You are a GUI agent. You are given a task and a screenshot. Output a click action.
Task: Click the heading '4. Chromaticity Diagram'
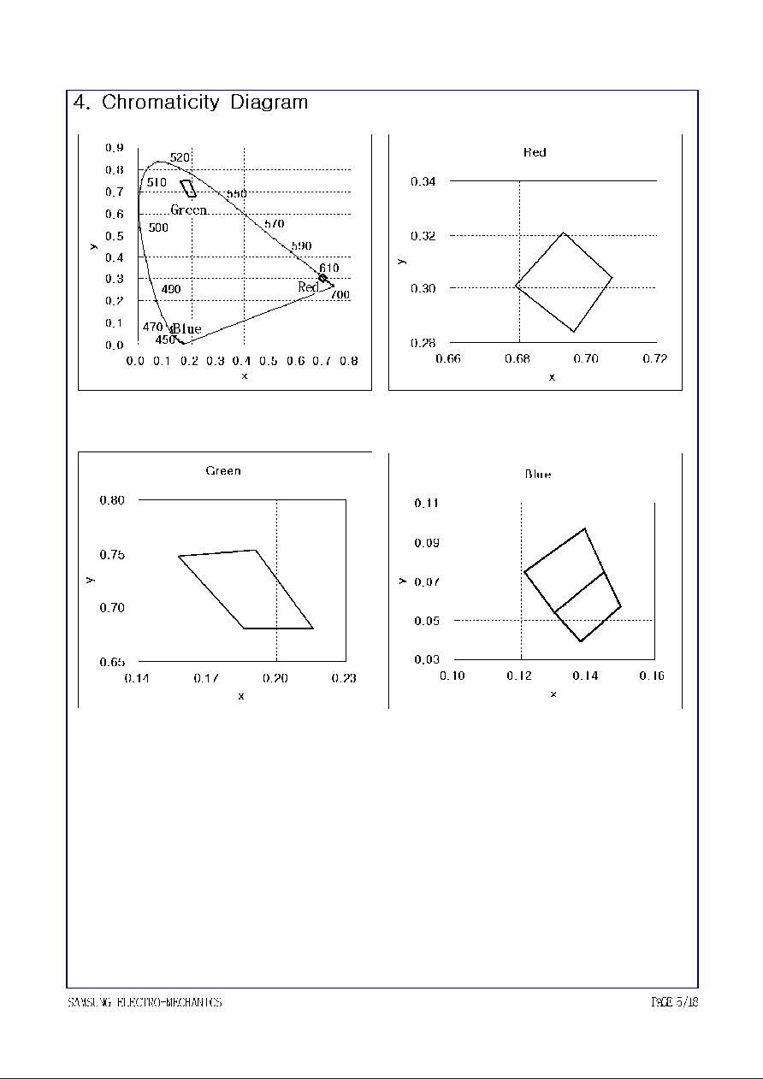191,103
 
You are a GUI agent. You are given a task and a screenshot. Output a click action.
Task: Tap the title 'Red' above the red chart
535,153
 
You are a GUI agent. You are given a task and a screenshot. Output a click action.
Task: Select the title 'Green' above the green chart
223,471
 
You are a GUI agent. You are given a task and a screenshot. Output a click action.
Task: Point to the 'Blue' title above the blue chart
538,475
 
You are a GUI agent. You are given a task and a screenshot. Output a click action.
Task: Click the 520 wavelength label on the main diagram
180,157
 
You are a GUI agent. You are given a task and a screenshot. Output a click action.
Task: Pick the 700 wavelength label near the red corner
340,295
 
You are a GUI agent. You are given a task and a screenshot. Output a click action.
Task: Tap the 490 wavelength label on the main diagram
171,290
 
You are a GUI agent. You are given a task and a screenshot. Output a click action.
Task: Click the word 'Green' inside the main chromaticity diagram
188,210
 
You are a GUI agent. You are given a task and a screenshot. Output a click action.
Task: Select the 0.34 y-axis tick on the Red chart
423,181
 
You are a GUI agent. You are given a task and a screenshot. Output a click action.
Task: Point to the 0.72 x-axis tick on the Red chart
655,359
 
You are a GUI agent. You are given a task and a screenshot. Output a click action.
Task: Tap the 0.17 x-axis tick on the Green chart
206,678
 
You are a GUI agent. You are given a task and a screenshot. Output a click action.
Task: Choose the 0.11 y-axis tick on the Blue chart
427,504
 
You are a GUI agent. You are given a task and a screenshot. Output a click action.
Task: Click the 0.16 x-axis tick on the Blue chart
652,676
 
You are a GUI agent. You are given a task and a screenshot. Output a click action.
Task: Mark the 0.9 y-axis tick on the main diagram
115,148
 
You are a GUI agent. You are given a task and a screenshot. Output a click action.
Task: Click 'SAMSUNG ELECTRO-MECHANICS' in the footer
145,1002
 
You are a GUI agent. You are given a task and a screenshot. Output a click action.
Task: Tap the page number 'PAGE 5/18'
675,1002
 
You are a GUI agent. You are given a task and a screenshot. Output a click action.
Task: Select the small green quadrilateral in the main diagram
188,188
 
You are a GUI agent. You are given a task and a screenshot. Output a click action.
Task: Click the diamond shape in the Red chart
565,281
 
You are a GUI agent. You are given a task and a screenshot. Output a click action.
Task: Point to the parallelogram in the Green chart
246,590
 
